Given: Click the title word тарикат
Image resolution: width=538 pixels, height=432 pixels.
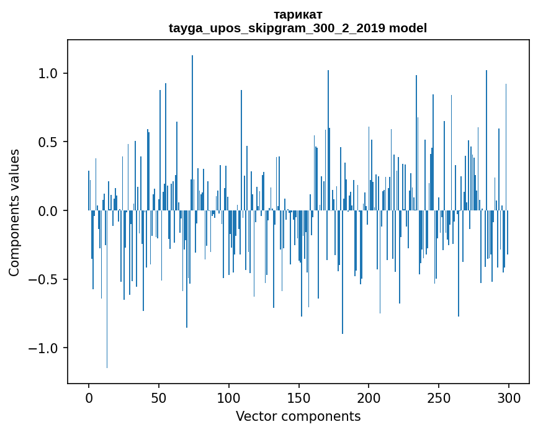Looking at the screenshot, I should coord(297,14).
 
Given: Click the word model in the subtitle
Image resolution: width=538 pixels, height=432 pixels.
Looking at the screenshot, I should coord(407,28).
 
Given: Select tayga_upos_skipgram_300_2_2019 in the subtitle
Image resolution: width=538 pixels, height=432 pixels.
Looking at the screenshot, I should coord(277,28).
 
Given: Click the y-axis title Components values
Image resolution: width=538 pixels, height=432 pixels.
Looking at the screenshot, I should coord(14,212).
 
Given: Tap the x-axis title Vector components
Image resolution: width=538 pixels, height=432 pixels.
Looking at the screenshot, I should coord(298,416).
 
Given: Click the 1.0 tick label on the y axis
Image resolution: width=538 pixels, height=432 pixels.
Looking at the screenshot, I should coord(48,73).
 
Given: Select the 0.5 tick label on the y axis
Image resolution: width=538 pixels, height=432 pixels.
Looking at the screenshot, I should coord(48,142).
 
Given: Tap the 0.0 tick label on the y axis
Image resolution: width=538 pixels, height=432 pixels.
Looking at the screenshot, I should coord(48,211).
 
